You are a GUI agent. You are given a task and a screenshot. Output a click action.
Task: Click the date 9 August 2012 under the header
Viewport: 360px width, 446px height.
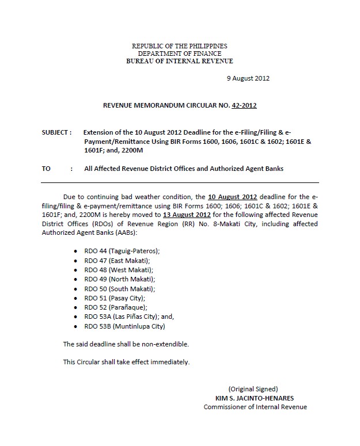click(x=248, y=78)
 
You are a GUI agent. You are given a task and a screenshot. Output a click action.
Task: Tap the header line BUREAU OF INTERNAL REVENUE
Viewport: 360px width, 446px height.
click(x=180, y=61)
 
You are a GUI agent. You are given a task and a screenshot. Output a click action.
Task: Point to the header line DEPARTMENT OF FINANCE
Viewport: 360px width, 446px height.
click(x=180, y=54)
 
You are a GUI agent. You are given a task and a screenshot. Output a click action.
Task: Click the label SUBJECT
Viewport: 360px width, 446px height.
click(x=55, y=132)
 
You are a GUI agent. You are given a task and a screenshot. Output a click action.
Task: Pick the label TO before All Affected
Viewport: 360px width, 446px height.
click(x=46, y=169)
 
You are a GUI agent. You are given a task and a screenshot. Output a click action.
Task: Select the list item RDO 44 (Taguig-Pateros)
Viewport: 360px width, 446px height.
click(x=122, y=251)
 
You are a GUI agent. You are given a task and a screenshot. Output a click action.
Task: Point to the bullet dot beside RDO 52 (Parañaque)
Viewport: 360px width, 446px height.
click(x=77, y=308)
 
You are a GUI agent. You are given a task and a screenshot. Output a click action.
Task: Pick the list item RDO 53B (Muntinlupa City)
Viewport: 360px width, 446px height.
click(x=124, y=326)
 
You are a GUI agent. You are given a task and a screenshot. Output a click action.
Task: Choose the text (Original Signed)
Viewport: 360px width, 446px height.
click(x=253, y=388)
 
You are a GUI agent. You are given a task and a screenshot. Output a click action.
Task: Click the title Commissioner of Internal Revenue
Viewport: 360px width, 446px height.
click(x=255, y=407)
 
